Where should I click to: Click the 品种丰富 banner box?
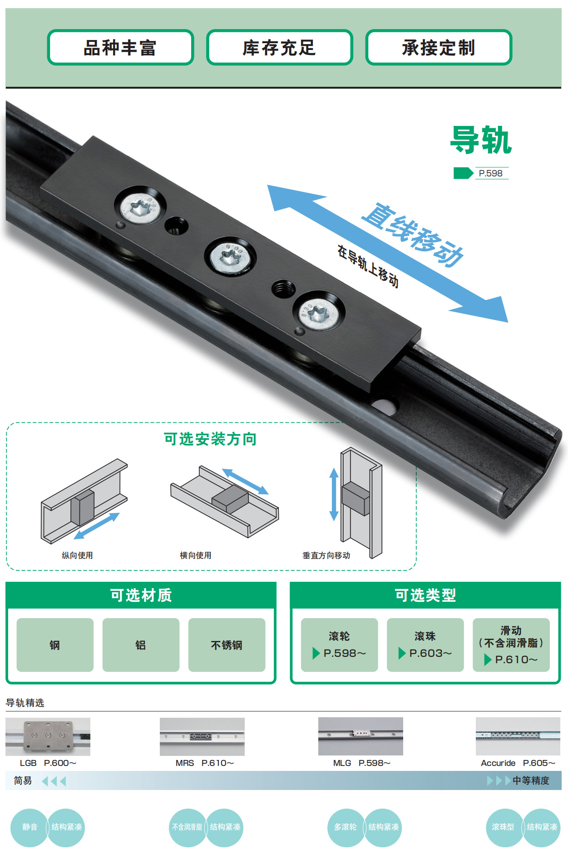point(120,47)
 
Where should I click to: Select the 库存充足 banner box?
point(279,47)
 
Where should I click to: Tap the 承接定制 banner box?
point(439,47)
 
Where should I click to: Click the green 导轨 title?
point(481,140)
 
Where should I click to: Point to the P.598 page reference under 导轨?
point(490,173)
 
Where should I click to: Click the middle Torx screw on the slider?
point(230,257)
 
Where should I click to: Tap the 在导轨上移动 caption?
point(368,266)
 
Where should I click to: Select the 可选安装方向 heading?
point(210,439)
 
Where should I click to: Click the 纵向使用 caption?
point(77,555)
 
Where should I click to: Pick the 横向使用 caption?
point(195,555)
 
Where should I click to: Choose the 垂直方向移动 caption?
point(326,555)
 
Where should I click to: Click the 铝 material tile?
point(141,645)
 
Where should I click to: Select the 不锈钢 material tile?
point(227,645)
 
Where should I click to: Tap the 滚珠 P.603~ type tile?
point(425,645)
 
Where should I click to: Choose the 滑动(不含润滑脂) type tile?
point(511,645)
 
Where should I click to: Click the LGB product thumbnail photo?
point(48,736)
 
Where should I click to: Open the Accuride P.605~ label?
point(518,763)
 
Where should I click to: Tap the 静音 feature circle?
point(30,827)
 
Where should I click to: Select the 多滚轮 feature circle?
point(346,827)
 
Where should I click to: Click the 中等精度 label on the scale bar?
point(531,780)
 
